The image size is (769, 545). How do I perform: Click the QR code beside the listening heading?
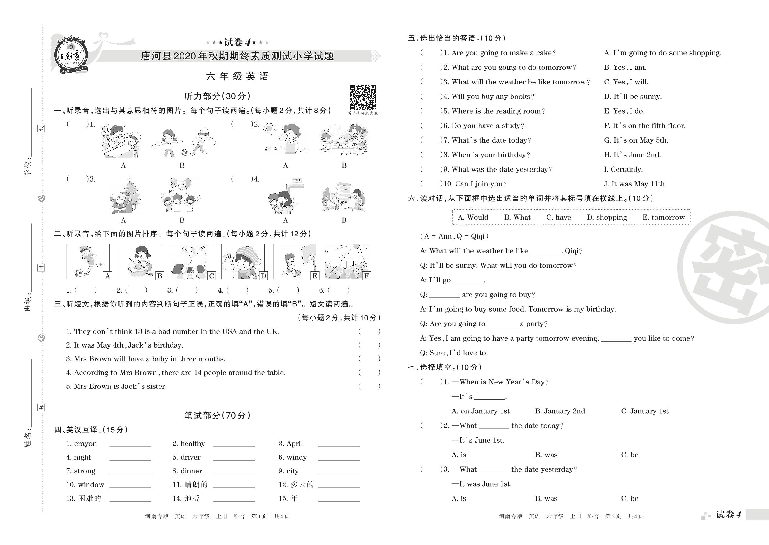pos(363,98)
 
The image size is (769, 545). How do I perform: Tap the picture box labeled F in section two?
pos(346,261)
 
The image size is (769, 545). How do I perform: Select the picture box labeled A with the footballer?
pos(88,261)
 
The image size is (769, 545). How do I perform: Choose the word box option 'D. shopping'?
pos(606,218)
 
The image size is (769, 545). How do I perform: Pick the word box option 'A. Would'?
pos(473,218)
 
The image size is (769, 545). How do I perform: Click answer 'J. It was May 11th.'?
pos(635,184)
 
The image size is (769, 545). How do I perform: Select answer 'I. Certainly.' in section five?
pos(623,169)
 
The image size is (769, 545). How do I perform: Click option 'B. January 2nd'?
pos(560,411)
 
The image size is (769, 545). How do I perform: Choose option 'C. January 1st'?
pos(645,411)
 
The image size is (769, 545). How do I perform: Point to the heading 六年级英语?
pos(237,76)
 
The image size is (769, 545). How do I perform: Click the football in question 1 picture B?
pos(184,153)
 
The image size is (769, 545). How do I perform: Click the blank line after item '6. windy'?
pos(339,458)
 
